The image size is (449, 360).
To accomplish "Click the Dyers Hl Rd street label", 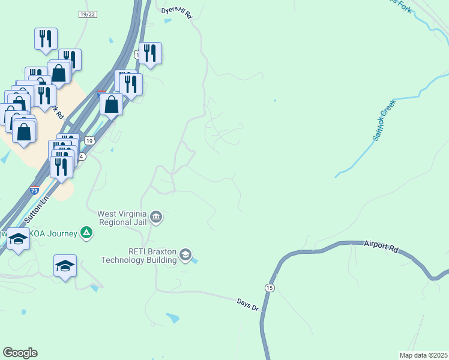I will [176, 13].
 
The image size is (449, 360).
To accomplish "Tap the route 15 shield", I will [270, 288].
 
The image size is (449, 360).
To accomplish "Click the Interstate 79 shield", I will [35, 191].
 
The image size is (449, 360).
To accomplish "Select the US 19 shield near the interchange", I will [89, 140].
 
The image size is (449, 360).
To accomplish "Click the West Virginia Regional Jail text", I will [122, 217].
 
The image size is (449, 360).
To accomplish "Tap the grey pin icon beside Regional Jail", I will [156, 217].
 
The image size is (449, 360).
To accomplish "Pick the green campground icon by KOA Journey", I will [87, 233].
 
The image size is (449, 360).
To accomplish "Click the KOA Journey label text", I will [54, 233].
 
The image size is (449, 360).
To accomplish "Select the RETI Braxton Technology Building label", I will [139, 256].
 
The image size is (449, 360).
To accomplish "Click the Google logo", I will [20, 353].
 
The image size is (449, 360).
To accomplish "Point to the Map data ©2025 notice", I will [423, 355].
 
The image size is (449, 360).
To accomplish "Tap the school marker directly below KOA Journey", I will [65, 265].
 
